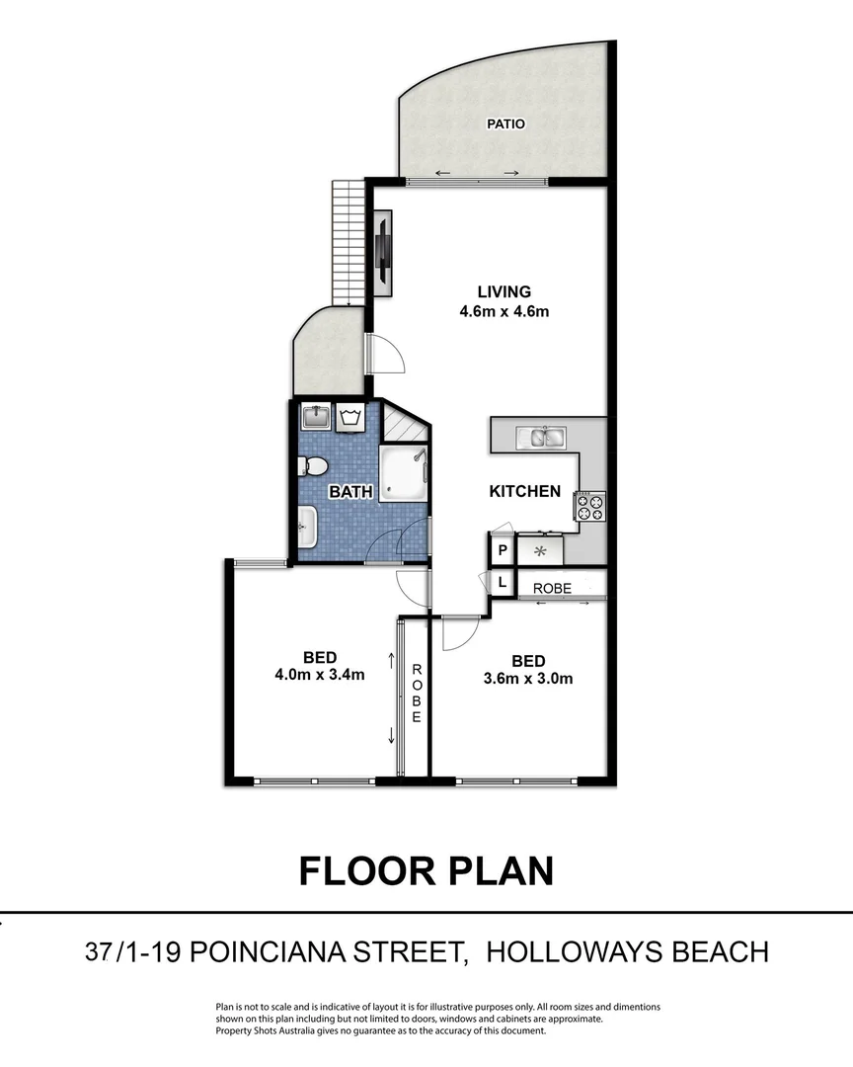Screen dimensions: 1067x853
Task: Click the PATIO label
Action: pyautogui.click(x=505, y=124)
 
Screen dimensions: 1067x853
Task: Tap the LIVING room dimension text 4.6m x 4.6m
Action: pyautogui.click(x=504, y=312)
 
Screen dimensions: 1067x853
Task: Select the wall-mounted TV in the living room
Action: pyautogui.click(x=382, y=253)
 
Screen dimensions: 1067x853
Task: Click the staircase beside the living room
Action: pyautogui.click(x=348, y=243)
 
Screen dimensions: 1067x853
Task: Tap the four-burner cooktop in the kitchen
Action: pyautogui.click(x=591, y=507)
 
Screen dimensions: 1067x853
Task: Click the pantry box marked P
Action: pyautogui.click(x=502, y=550)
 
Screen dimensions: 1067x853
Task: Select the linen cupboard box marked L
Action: pyautogui.click(x=502, y=583)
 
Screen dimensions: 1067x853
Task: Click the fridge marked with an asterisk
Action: pyautogui.click(x=540, y=550)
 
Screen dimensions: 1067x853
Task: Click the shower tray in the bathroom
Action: pyautogui.click(x=406, y=473)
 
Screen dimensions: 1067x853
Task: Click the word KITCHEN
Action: pyautogui.click(x=525, y=491)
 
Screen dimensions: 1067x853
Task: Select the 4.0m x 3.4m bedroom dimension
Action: pyautogui.click(x=321, y=676)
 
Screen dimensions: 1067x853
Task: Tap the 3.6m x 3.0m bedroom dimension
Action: pyautogui.click(x=528, y=678)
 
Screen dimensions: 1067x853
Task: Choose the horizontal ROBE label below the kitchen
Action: pyautogui.click(x=552, y=588)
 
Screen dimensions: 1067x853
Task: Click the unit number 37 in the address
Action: pyautogui.click(x=98, y=952)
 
